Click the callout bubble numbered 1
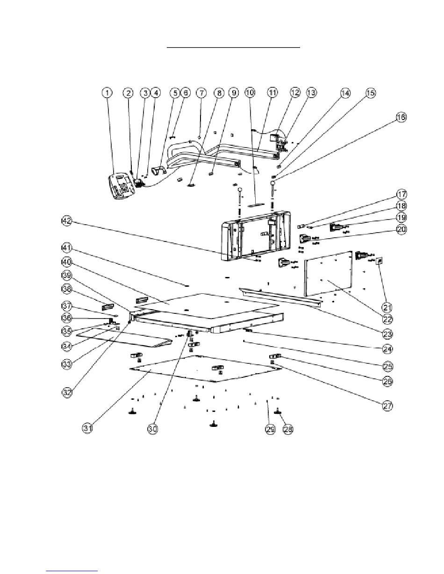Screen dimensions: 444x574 click(x=107, y=93)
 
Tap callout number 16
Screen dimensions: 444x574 click(x=401, y=117)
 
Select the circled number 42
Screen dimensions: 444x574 click(x=67, y=221)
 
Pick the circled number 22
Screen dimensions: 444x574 click(x=388, y=319)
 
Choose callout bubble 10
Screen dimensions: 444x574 click(x=250, y=92)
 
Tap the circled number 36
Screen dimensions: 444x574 click(x=67, y=318)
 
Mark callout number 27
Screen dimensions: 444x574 click(x=388, y=406)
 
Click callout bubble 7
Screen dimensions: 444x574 click(x=201, y=93)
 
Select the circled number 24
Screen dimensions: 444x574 click(x=388, y=349)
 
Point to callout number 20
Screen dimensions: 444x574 click(x=401, y=229)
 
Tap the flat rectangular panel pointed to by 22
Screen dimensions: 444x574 click(x=329, y=274)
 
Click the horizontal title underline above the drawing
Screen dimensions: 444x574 click(x=233, y=48)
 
